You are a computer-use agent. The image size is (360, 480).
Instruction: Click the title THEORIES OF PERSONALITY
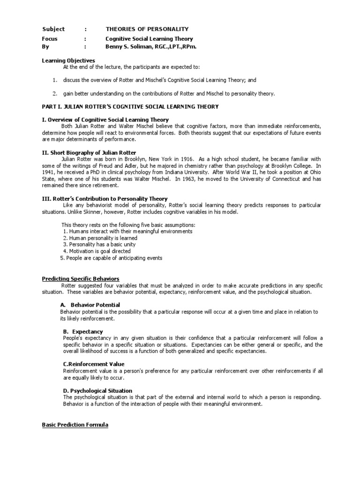pyautogui.click(x=147, y=29)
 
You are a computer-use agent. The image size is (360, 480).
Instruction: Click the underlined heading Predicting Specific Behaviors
pyautogui.click(x=81, y=279)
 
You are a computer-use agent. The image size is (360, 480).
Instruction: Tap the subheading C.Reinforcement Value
pyautogui.click(x=94, y=364)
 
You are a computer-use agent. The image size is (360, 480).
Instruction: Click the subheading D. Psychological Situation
pyautogui.click(x=97, y=390)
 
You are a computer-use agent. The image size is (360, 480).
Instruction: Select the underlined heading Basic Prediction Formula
pyautogui.click(x=75, y=425)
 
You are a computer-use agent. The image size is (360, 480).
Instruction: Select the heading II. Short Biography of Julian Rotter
pyautogui.click(x=89, y=153)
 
